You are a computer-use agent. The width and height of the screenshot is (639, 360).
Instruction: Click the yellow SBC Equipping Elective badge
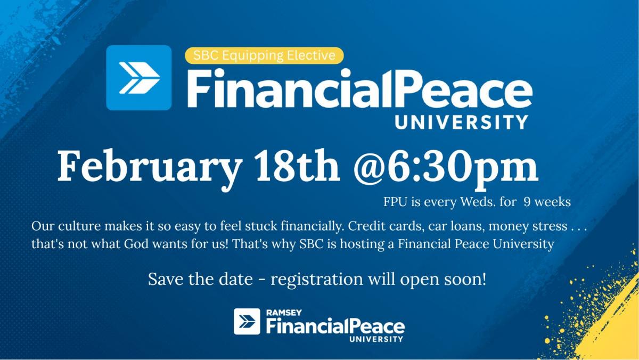coord(264,55)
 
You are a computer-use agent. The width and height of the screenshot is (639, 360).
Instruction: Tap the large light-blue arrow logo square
coord(139,78)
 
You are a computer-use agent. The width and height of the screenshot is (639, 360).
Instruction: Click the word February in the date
coord(150,168)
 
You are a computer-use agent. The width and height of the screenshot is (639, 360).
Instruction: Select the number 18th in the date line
coord(298,166)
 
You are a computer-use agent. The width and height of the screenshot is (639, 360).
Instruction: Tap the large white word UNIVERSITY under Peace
coord(461,122)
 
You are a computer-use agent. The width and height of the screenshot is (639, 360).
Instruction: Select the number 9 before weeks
coord(527,202)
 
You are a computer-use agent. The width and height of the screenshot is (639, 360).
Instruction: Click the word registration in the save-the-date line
coord(317,279)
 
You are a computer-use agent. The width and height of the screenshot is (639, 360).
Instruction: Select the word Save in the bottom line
coord(166,279)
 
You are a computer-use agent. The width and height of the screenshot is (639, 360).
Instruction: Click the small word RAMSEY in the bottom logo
coord(284,313)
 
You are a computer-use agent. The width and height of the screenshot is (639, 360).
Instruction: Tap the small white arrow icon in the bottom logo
coord(247,322)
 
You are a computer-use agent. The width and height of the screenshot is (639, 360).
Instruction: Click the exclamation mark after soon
coord(484,279)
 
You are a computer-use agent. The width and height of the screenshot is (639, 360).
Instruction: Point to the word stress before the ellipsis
coord(550,226)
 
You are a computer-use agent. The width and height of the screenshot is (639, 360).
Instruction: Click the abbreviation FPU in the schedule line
coord(395,202)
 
